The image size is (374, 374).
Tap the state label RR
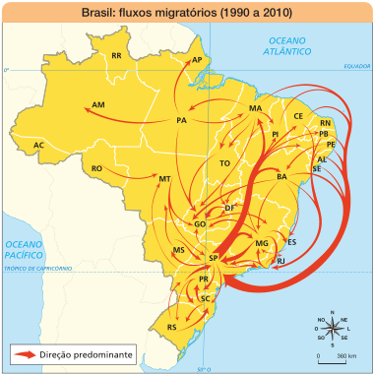(116, 56)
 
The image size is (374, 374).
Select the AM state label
(97, 103)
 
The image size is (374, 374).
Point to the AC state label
(38, 146)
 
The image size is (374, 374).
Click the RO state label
(96, 169)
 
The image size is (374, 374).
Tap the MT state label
(164, 179)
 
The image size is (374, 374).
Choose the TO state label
(224, 162)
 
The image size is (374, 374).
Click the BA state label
(281, 177)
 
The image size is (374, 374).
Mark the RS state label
(172, 326)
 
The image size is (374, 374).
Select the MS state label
(179, 251)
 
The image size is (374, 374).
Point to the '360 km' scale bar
(334, 350)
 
